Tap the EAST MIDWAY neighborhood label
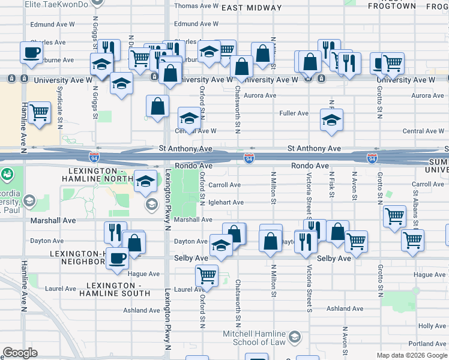tap(251, 8)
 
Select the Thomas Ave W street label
tap(196, 6)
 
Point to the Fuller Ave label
tap(294, 113)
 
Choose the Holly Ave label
tap(432, 326)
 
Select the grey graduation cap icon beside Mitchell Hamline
tap(295, 338)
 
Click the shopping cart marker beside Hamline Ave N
tap(39, 112)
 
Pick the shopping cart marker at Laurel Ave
tap(206, 275)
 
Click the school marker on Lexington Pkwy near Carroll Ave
tap(145, 181)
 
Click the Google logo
tap(20, 353)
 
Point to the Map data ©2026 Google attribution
tap(411, 355)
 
